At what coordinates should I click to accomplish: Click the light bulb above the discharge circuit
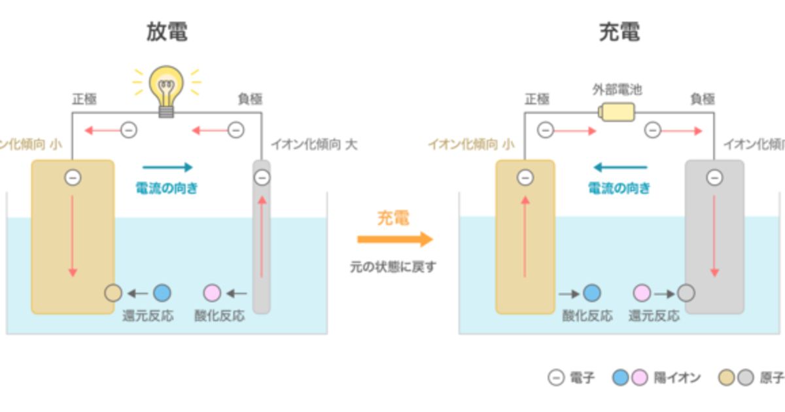[x=166, y=89]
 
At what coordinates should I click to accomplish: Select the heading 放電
[x=167, y=32]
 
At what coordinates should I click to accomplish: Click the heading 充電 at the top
[x=619, y=32]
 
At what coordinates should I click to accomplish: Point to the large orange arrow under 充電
[x=394, y=239]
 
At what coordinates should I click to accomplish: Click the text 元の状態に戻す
[x=392, y=267]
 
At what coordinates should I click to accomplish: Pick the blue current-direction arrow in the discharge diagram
[x=167, y=167]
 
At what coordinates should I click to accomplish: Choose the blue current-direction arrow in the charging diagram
[x=619, y=167]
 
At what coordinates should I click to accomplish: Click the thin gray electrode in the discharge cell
[x=262, y=249]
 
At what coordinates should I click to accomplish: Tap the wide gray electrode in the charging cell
[x=714, y=242]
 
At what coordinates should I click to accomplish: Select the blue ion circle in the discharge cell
[x=162, y=293]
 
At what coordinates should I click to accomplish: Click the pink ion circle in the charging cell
[x=642, y=293]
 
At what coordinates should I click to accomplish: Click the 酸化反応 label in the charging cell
[x=587, y=316]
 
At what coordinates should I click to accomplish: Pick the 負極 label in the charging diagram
[x=703, y=99]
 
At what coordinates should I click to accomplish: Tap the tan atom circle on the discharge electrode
[x=113, y=293]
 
